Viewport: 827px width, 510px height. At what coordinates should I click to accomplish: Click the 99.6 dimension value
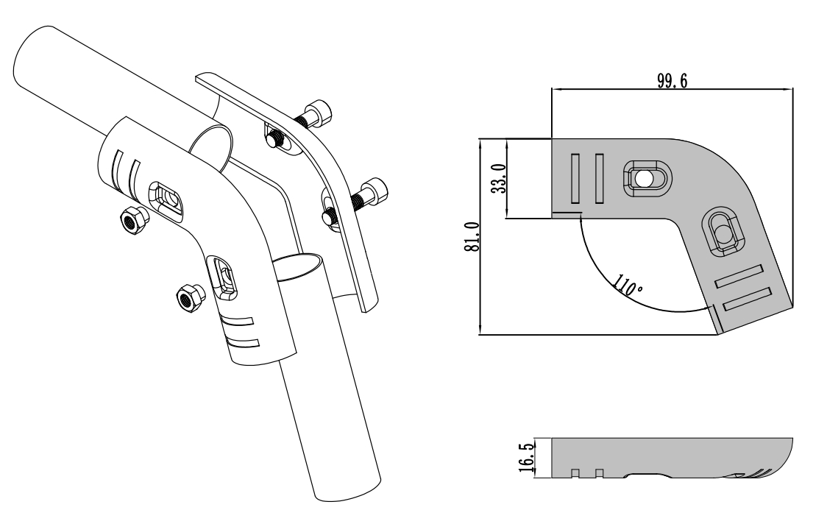[x=672, y=81]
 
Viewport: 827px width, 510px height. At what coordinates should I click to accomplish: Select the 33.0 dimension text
[x=499, y=178]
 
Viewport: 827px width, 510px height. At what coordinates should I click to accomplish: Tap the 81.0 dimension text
[x=472, y=236]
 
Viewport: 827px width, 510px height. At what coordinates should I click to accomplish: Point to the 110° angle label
[x=628, y=286]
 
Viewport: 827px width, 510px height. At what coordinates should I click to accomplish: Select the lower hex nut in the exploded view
[x=189, y=299]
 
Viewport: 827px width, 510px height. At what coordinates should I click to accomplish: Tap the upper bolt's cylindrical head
[x=319, y=113]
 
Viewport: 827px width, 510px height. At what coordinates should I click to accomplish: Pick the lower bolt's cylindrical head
[x=375, y=191]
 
